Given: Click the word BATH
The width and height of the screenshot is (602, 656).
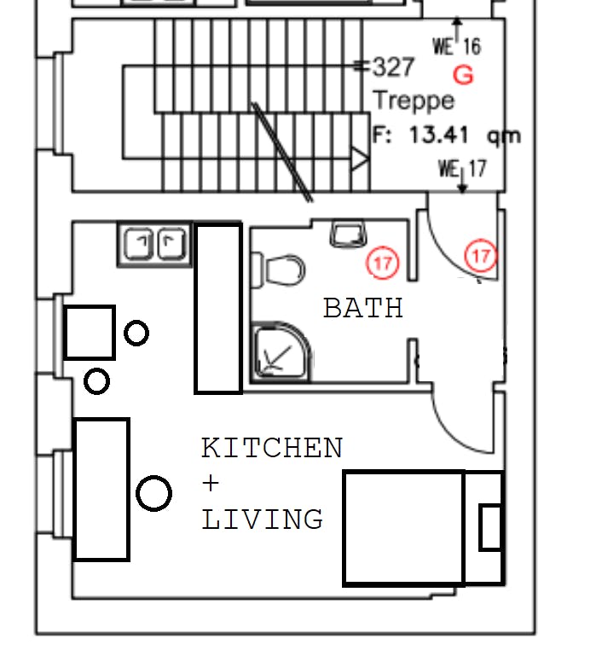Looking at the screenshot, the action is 363,308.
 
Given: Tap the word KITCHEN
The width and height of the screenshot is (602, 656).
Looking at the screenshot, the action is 272,448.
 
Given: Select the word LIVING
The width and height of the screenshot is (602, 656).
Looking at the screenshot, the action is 262,520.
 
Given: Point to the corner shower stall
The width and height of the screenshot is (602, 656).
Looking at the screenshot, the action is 281,352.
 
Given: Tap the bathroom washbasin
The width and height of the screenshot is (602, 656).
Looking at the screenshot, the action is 348,235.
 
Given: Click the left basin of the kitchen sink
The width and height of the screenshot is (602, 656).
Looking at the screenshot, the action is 138,244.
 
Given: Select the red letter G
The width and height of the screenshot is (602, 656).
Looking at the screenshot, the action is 463,75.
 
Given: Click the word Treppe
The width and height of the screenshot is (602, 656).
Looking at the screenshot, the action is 414,101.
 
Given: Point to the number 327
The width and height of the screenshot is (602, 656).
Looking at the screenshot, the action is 393,67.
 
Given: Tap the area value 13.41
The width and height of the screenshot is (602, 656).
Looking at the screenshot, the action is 438,135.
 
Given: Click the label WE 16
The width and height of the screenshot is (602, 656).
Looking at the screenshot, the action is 457,45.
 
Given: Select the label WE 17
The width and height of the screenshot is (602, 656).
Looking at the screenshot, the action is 463,169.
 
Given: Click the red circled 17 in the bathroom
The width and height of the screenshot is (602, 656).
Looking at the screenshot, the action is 383,263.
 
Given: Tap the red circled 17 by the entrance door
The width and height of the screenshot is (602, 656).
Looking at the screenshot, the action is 481,255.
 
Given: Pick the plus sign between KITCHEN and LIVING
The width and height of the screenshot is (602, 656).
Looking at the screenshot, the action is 211,484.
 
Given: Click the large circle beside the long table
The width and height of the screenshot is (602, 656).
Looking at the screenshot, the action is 153,493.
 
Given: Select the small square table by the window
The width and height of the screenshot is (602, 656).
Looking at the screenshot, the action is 90,333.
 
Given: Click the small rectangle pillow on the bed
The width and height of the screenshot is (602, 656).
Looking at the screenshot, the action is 490,527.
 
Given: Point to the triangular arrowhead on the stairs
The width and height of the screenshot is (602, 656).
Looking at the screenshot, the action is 360,159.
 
